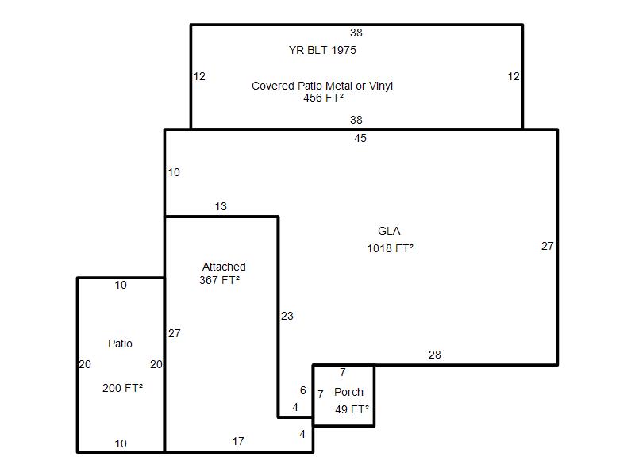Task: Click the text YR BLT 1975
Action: [x=322, y=50]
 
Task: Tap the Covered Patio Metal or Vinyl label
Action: [x=322, y=86]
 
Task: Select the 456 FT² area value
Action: [x=324, y=98]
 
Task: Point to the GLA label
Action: [x=389, y=231]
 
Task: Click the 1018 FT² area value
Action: [x=390, y=248]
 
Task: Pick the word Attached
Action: [x=224, y=267]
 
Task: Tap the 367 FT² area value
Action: [x=220, y=280]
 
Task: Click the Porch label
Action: [x=348, y=392]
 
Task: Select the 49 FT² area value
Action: [x=352, y=409]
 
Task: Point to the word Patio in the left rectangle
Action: [x=121, y=344]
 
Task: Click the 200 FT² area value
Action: [x=122, y=388]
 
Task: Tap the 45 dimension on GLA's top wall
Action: [x=360, y=138]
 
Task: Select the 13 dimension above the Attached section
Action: [x=221, y=206]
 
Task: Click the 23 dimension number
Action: [x=287, y=316]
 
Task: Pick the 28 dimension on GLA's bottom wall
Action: [x=434, y=355]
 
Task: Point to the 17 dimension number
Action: [x=238, y=441]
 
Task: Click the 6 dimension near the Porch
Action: [x=303, y=390]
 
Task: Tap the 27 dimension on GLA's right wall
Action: [x=548, y=246]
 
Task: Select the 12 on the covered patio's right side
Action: [x=514, y=76]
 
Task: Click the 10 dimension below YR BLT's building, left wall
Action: [x=174, y=172]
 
